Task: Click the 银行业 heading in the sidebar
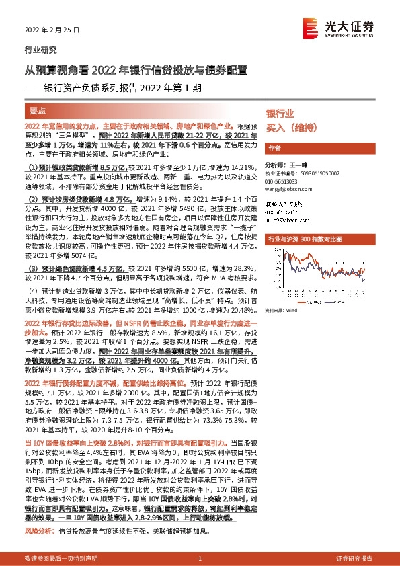pyautogui.click(x=280, y=114)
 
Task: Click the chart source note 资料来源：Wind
pyautogui.click(x=281, y=311)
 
